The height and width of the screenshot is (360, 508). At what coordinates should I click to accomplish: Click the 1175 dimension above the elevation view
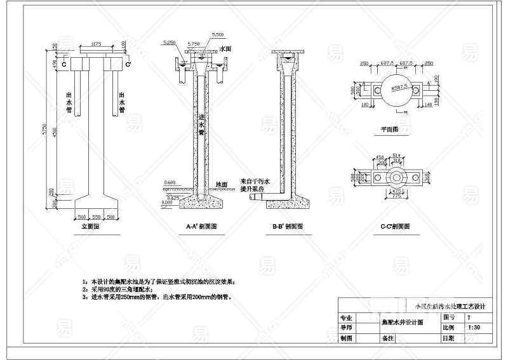[97, 44]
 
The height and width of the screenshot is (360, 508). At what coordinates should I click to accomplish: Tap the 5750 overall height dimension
[44, 131]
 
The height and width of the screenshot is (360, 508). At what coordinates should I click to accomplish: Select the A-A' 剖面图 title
[201, 226]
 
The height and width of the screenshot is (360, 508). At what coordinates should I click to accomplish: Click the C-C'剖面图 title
[394, 226]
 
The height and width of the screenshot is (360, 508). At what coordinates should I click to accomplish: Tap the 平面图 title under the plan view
[389, 129]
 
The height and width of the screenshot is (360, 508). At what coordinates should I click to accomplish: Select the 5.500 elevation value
[218, 34]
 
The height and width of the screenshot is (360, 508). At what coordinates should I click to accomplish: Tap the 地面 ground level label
[222, 184]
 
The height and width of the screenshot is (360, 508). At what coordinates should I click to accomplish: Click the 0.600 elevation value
[170, 183]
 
